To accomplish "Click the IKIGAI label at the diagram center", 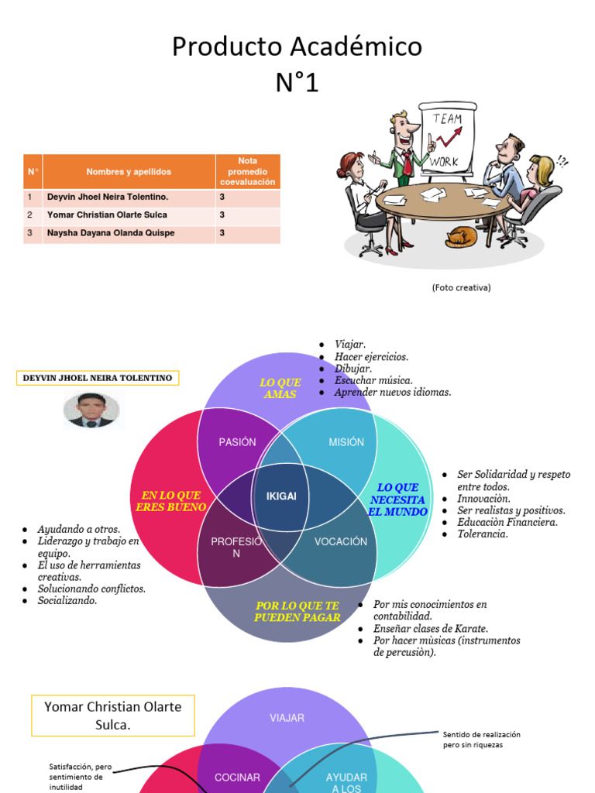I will click(x=281, y=496).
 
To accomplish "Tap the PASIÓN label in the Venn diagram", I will click(x=237, y=442).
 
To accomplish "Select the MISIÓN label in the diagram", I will click(x=346, y=442).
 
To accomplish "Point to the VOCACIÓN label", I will click(x=341, y=541).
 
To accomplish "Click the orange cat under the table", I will click(x=461, y=237).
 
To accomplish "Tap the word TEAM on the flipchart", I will click(x=447, y=118).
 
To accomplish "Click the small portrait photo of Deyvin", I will click(x=91, y=410).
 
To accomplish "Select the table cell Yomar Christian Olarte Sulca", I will click(x=107, y=215).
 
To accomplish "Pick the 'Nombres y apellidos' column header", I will click(x=129, y=171).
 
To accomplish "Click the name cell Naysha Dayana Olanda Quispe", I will click(x=111, y=232).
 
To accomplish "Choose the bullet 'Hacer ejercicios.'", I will click(x=371, y=357).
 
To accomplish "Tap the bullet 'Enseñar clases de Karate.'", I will click(x=431, y=629).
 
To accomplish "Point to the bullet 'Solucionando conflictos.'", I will click(x=91, y=589).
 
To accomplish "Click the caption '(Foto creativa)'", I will click(x=461, y=287).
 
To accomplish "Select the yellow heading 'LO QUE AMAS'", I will click(x=280, y=389).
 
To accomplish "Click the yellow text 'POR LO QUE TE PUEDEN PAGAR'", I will click(x=297, y=611).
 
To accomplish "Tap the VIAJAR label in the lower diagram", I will click(x=287, y=718).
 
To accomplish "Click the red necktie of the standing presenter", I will click(x=407, y=163).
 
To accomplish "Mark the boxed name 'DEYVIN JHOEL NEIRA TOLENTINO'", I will click(x=98, y=378).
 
